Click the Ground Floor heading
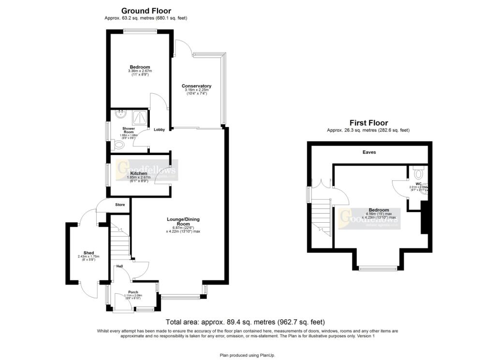click(x=146, y=11)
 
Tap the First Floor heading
click(x=368, y=123)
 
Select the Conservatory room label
click(x=197, y=86)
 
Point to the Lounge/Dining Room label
click(x=183, y=222)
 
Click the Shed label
click(x=88, y=253)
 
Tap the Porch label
click(x=133, y=292)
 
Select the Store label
click(x=119, y=205)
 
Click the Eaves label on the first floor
click(x=369, y=152)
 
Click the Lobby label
click(x=159, y=130)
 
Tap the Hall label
click(x=118, y=266)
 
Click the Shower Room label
click(x=129, y=130)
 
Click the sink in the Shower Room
click(x=119, y=115)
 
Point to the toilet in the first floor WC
click(x=419, y=172)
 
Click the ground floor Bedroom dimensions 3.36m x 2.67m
click(x=140, y=72)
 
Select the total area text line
click(x=245, y=322)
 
